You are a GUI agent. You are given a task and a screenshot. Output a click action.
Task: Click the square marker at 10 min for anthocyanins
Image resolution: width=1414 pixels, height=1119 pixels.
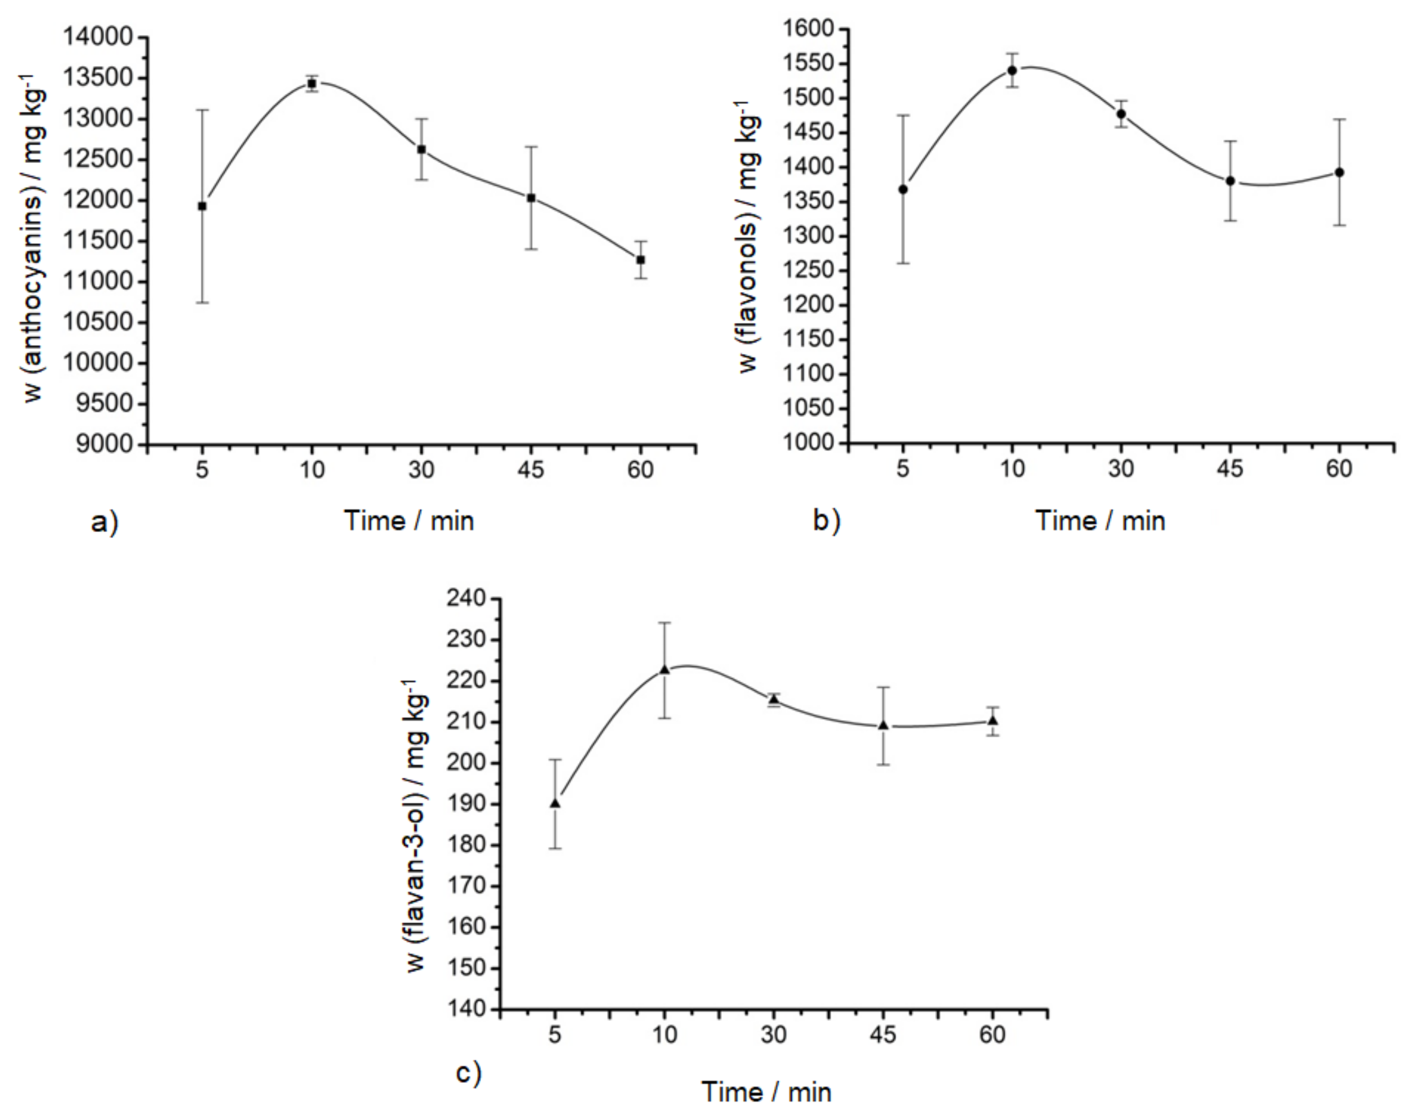tap(312, 84)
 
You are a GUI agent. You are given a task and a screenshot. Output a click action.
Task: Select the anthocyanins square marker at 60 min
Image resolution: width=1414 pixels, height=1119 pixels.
tap(641, 260)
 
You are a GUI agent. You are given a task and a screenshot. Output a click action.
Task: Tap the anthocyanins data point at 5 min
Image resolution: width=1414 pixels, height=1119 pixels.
tap(203, 207)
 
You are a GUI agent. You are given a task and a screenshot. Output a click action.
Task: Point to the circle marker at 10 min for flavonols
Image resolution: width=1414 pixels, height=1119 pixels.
tap(1012, 70)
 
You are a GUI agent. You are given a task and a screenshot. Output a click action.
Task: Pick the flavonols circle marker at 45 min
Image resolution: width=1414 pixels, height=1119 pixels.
tap(1231, 181)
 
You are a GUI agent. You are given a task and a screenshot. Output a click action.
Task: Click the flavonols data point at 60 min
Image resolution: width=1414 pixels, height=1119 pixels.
tap(1340, 172)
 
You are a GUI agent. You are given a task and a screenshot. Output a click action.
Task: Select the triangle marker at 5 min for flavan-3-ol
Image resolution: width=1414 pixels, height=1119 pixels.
tap(556, 803)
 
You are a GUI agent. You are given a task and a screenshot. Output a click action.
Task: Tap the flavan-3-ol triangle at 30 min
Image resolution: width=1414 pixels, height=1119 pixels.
tap(774, 699)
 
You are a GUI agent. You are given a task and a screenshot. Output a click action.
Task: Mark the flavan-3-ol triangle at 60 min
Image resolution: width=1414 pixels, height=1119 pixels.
tap(993, 720)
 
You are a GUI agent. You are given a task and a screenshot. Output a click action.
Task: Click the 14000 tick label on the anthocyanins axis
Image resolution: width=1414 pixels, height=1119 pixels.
tap(97, 37)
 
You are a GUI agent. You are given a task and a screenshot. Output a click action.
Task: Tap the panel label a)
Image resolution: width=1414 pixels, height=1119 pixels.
tap(105, 523)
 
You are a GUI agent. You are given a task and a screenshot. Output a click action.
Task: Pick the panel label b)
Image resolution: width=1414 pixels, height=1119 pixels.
tap(827, 521)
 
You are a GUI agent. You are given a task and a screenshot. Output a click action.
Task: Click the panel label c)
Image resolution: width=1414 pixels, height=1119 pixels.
tap(469, 1073)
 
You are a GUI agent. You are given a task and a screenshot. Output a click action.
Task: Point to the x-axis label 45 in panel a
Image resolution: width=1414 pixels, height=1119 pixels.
tap(531, 471)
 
